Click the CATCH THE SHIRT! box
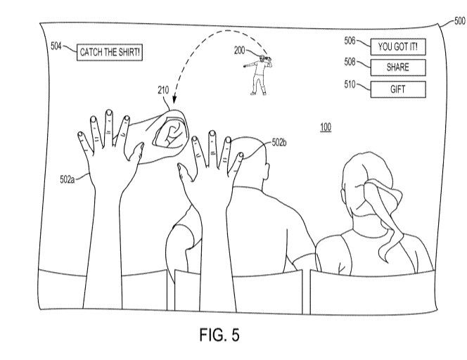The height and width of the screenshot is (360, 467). pyautogui.click(x=110, y=52)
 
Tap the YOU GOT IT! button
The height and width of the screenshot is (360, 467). pyautogui.click(x=398, y=47)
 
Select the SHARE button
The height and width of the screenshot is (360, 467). pyautogui.click(x=398, y=68)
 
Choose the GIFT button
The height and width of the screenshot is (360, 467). pyautogui.click(x=398, y=89)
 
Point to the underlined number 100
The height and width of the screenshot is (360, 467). pyautogui.click(x=326, y=127)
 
